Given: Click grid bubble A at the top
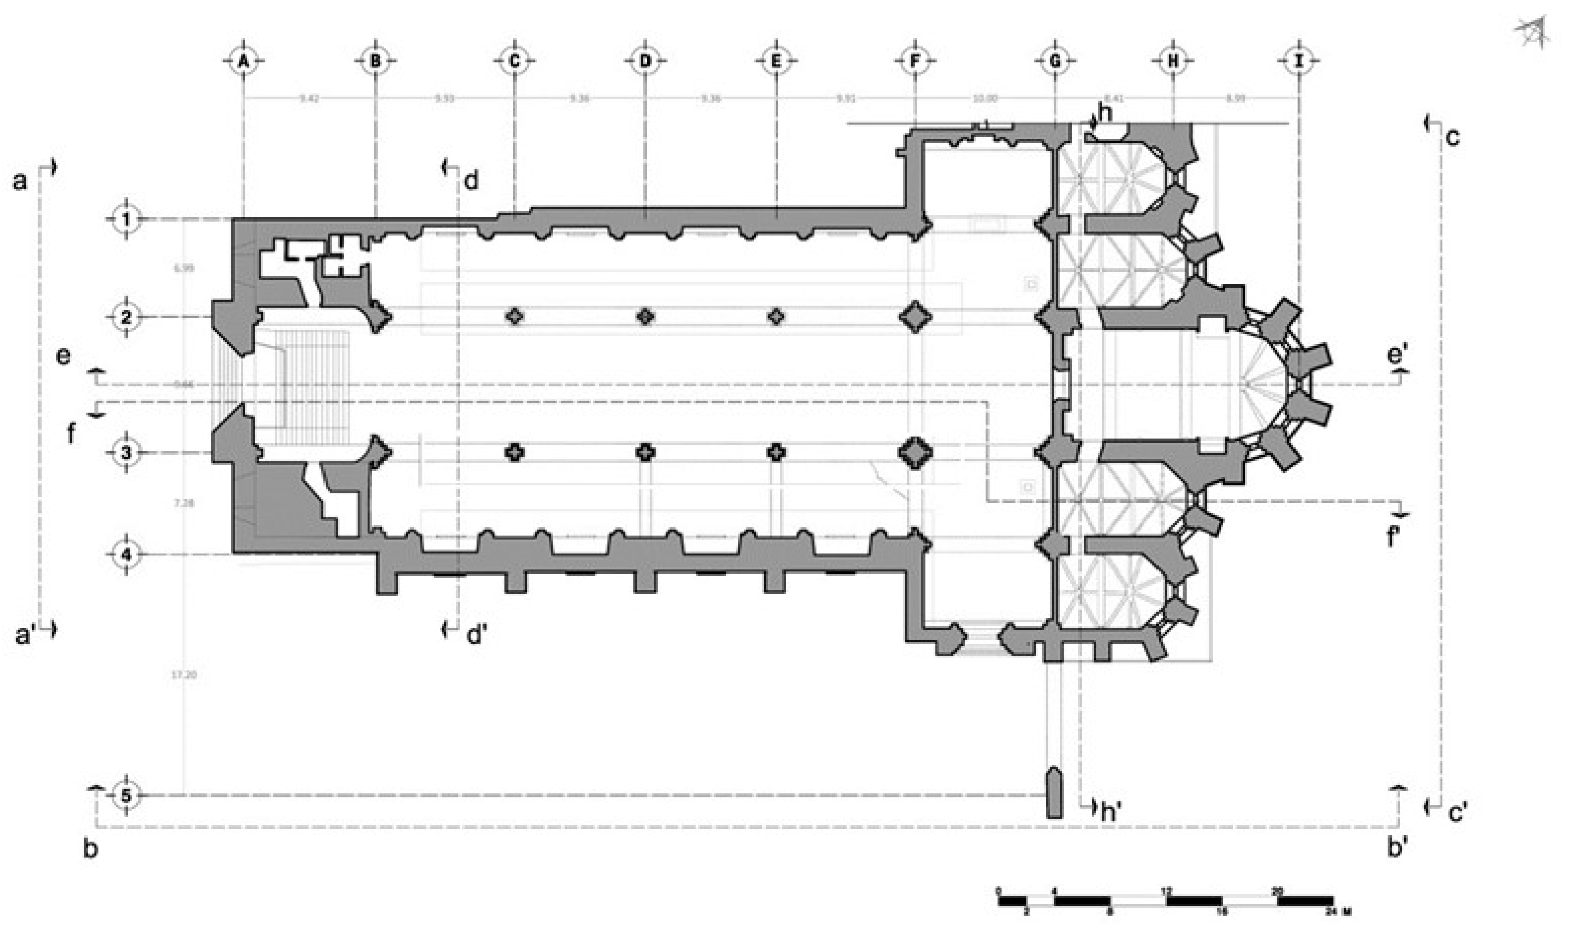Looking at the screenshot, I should [244, 61].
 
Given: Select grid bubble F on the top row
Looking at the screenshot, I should [914, 61].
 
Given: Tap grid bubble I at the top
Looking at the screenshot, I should [1299, 61].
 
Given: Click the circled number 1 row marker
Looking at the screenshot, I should [127, 219].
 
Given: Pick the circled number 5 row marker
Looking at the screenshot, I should [127, 796].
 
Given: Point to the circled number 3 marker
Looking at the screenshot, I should [127, 453].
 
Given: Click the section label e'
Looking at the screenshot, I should [1397, 356].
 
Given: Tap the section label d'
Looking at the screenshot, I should [477, 635].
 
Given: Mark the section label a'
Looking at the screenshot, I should [24, 635].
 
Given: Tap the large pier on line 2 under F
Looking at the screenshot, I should [915, 317].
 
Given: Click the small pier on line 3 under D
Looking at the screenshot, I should [645, 452].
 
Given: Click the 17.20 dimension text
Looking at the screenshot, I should [183, 675].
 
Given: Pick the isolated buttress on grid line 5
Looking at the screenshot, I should [1054, 792].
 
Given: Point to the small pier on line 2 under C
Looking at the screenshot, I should [515, 317].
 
